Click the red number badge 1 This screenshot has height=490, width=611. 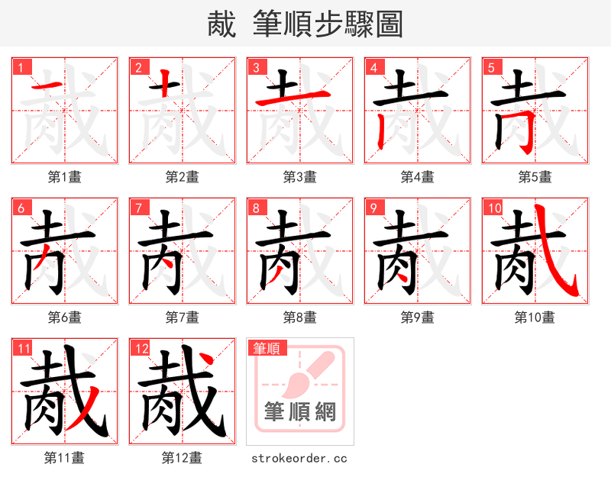click(x=21, y=67)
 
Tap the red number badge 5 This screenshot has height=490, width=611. click(x=491, y=67)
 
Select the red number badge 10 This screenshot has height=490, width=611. click(x=494, y=208)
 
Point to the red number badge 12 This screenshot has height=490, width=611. click(x=141, y=349)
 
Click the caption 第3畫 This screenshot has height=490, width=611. click(x=299, y=177)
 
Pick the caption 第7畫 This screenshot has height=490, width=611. click(x=182, y=317)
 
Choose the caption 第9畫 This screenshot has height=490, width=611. click(x=417, y=317)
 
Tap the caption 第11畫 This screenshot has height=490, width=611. click(x=64, y=458)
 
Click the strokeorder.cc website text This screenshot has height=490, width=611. click(x=299, y=458)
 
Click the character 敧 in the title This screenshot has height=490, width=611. click(x=221, y=24)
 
